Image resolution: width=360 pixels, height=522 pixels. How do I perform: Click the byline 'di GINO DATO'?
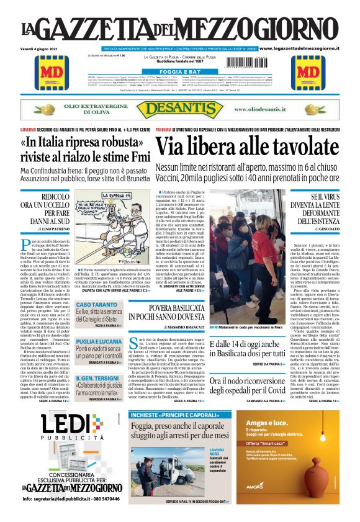coord(320,229)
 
